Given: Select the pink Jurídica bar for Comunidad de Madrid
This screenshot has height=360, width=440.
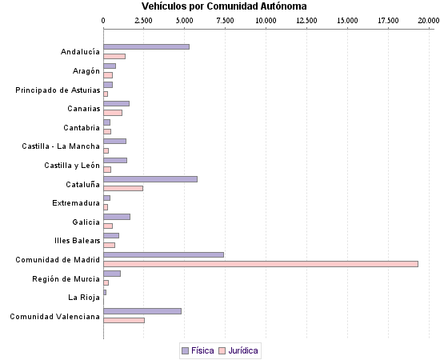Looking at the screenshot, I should click(261, 263).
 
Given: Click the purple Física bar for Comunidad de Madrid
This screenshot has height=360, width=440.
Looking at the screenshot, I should click(163, 254).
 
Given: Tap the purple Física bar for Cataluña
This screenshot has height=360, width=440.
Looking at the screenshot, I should click(150, 179).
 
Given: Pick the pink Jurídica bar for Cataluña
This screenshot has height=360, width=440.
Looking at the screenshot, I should click(123, 188).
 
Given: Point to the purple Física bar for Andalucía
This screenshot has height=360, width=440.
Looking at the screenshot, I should click(146, 46).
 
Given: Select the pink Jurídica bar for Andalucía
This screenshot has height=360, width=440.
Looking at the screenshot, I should click(114, 56).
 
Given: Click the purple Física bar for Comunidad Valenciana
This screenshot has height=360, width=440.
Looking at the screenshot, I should click(142, 310).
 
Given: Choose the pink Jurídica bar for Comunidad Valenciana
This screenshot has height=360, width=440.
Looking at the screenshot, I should click(124, 320).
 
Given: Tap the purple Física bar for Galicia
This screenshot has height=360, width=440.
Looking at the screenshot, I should click(117, 217).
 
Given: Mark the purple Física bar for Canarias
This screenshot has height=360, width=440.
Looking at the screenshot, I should click(116, 103).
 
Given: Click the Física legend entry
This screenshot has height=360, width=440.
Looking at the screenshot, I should click(198, 350).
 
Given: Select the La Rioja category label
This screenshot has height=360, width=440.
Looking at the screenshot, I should click(83, 298).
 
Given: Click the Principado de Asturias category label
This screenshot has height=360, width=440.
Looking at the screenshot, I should click(58, 90).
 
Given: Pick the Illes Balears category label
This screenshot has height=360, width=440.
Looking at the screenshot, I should click(77, 241).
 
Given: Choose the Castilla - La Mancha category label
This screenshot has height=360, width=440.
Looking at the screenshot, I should click(61, 146).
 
